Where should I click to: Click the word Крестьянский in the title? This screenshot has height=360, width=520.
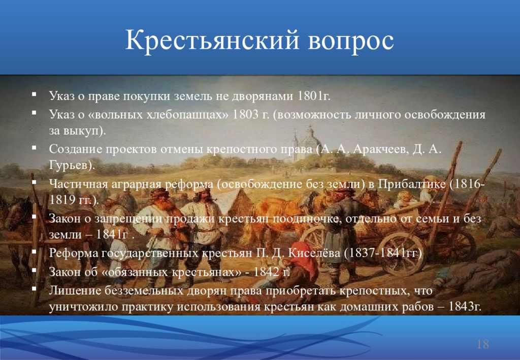click(x=212, y=41)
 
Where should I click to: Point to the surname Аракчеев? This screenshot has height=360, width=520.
click(x=380, y=149)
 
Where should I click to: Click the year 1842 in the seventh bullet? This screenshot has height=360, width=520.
click(x=266, y=272)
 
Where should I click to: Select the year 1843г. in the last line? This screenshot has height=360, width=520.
click(x=465, y=306)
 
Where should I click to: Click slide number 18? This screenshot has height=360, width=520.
click(x=483, y=344)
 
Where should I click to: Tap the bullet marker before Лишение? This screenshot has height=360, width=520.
click(x=34, y=288)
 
